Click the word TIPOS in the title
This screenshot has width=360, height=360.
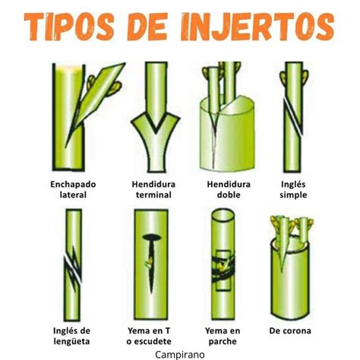[69, 27]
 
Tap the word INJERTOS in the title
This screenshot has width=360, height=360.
[256, 27]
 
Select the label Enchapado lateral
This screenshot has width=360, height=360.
[73, 189]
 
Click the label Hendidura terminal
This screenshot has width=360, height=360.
[153, 189]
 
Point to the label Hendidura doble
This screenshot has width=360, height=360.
[229, 189]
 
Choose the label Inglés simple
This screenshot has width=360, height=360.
[293, 189]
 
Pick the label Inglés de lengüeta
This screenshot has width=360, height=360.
[71, 336]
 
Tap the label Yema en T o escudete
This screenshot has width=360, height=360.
[149, 336]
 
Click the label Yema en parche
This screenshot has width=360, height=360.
[223, 336]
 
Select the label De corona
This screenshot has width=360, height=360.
[290, 330]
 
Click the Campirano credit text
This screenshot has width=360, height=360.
[180, 355]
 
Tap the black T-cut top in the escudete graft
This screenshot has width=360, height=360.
[152, 237]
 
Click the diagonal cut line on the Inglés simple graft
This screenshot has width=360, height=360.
[293, 116]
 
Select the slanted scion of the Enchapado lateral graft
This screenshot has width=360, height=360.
[95, 105]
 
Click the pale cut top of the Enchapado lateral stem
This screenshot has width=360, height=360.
[68, 68]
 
